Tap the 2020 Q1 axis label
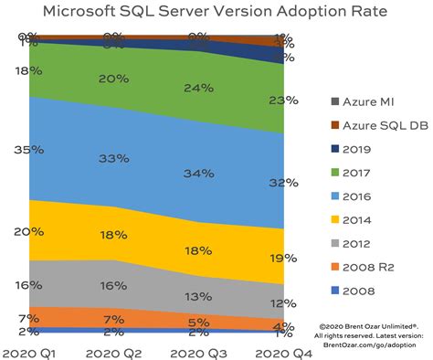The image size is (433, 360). (x=29, y=350)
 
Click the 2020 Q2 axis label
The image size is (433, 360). (x=113, y=350)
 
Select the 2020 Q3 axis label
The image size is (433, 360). (x=197, y=350)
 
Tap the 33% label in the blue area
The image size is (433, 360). (x=113, y=158)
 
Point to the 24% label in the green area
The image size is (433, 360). (x=199, y=89)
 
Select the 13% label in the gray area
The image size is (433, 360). (x=199, y=296)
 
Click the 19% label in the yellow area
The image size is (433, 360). (x=282, y=259)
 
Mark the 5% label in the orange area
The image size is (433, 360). (x=199, y=321)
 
